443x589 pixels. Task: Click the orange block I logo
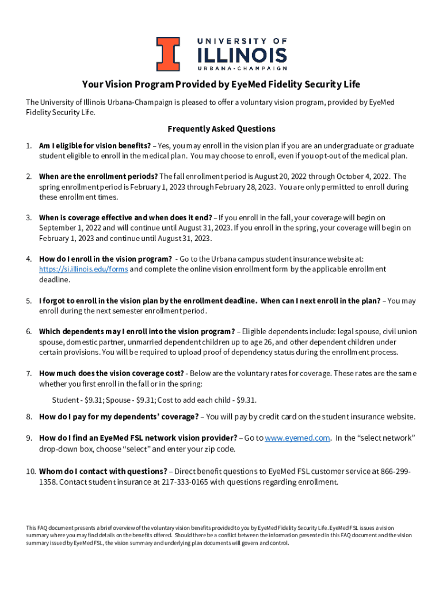coord(168,53)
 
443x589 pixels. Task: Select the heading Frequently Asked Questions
coord(221,129)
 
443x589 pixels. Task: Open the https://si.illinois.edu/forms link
coord(83,269)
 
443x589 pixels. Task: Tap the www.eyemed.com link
coord(297,438)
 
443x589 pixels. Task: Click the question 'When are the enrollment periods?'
coord(98,177)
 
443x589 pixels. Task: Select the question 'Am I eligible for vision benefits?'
coord(95,146)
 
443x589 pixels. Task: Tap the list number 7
coord(28,373)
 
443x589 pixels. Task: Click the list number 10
coord(30,472)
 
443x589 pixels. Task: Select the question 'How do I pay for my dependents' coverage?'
coord(119,416)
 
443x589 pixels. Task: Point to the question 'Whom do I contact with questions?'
coord(103,472)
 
